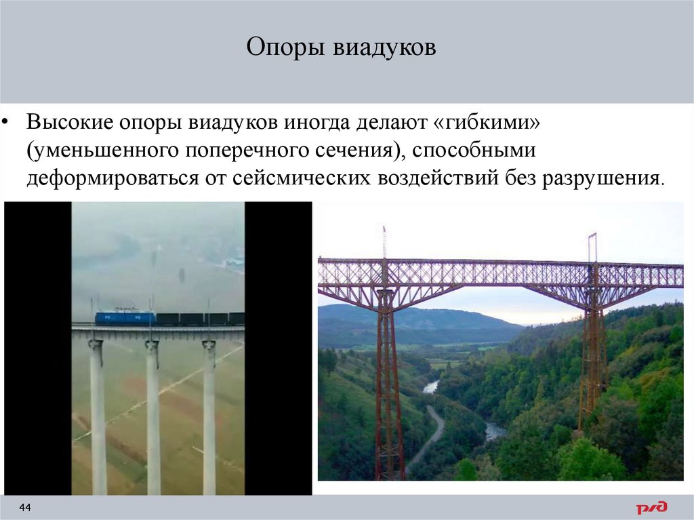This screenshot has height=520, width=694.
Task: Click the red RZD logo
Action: click(651, 507)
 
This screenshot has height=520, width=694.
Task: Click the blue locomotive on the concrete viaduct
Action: click(125, 317)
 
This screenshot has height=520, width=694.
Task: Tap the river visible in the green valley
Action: click(493, 430)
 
